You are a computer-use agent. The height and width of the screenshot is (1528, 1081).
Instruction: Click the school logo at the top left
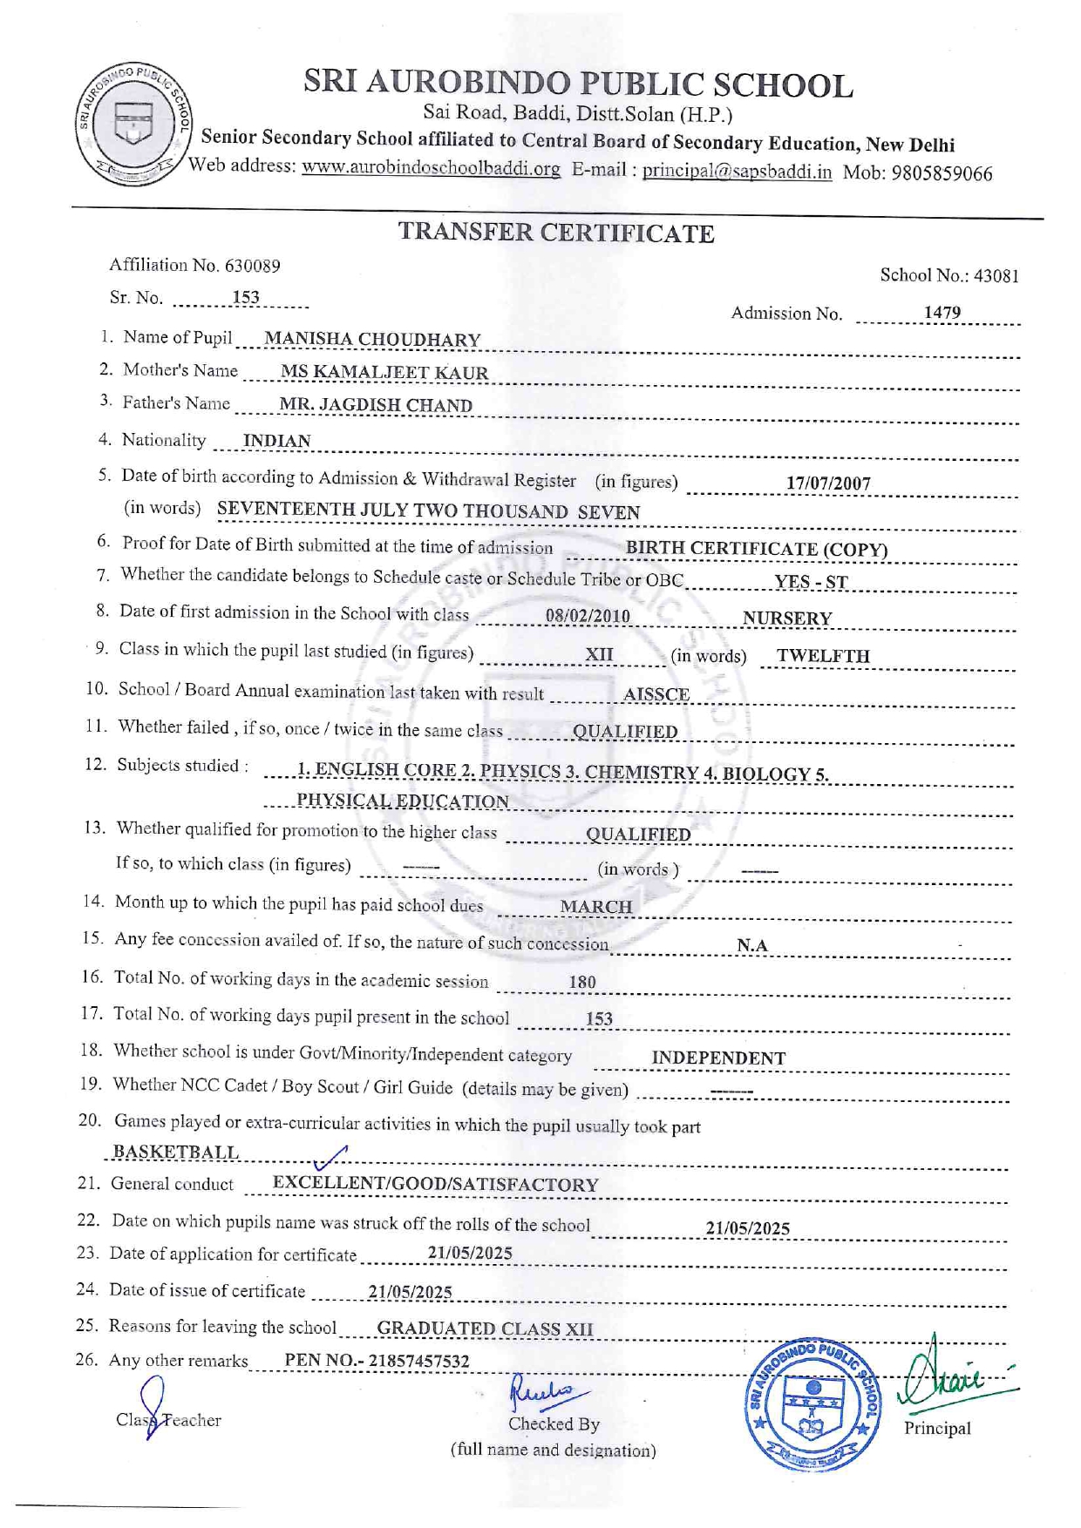point(134,123)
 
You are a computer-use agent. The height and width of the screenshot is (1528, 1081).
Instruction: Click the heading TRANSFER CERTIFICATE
point(556,233)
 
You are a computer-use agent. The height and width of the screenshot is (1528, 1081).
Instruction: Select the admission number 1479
point(942,313)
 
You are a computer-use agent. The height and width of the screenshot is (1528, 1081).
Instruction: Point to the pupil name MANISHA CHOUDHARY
point(372,339)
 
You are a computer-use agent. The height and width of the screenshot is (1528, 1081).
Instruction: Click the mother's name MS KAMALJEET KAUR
point(384,372)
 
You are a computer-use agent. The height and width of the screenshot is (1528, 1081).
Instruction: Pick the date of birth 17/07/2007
point(827,483)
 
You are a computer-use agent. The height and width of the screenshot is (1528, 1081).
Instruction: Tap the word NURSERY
point(786,619)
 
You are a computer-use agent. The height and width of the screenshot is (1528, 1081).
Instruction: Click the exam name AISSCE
point(656,694)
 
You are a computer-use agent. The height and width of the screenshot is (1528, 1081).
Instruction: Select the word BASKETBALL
point(176,1152)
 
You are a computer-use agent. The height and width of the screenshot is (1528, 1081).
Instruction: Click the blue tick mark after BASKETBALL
point(330,1157)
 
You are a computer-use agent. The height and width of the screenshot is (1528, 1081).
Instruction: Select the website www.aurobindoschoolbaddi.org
point(431,168)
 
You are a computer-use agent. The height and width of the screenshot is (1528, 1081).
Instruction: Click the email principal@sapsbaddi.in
point(737,172)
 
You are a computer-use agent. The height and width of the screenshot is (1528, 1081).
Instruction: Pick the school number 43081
point(996,276)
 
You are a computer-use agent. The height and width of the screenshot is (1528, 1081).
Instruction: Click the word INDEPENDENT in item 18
point(718,1058)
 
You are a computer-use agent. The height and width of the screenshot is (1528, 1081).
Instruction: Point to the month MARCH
point(595,907)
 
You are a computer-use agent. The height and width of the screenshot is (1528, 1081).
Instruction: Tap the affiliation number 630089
point(252,265)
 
